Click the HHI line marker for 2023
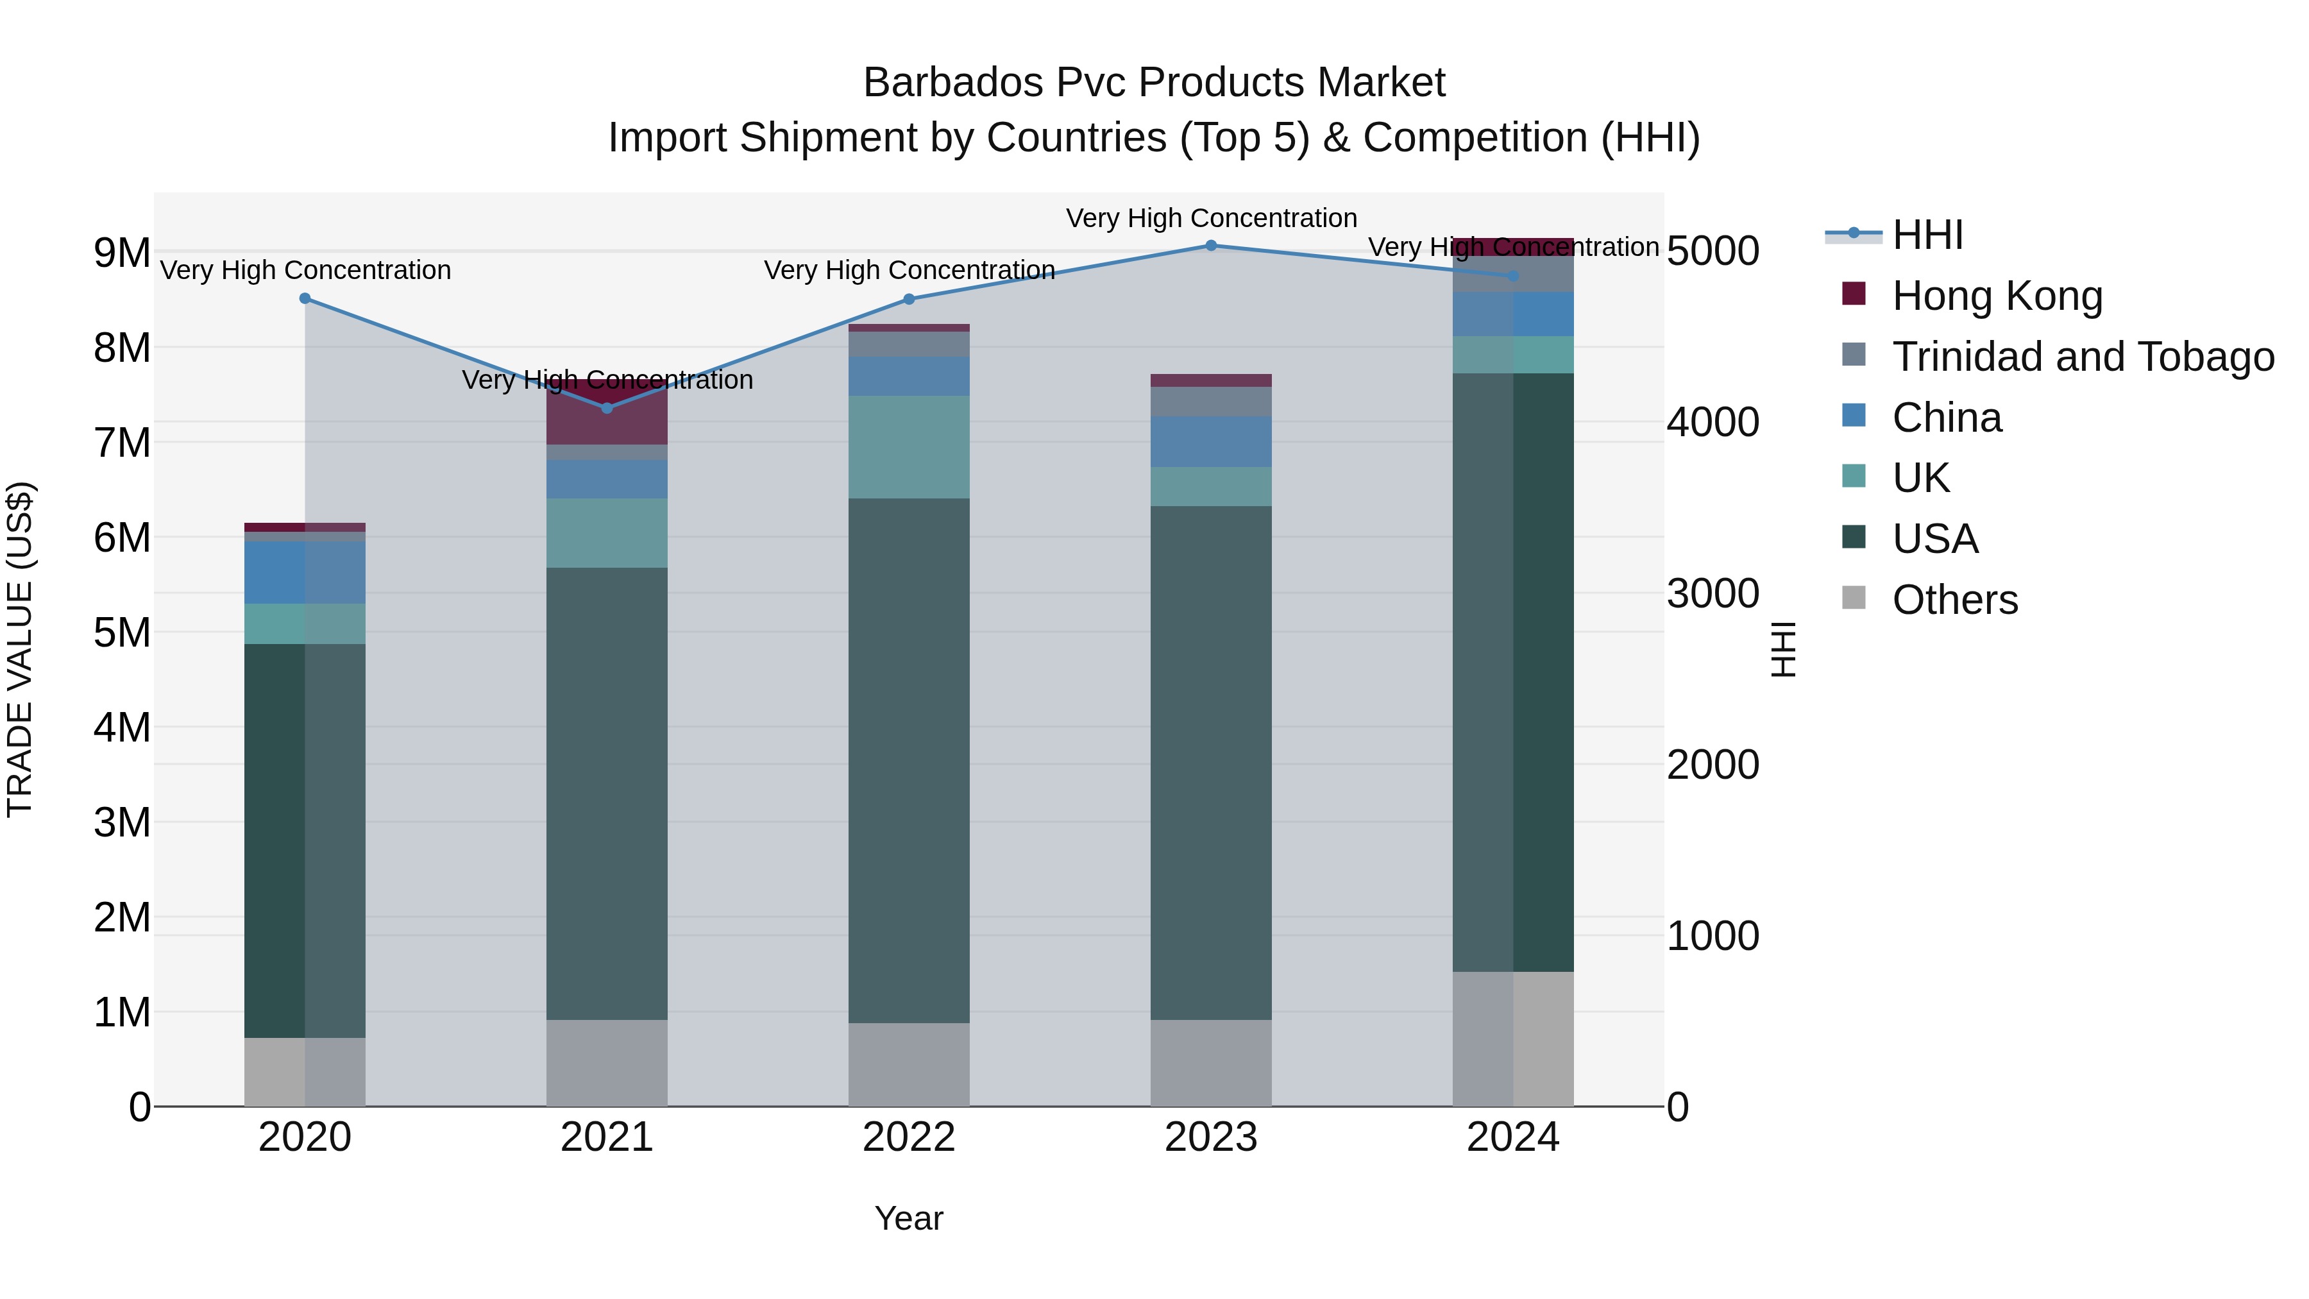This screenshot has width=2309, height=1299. pos(1211,246)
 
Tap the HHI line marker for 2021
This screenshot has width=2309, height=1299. pos(607,409)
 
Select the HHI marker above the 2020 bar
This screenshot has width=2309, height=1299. pos(305,298)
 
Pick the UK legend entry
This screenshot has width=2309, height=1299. pos(1921,478)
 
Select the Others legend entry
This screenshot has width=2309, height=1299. pos(1955,600)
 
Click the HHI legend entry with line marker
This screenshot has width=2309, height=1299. pos(1927,235)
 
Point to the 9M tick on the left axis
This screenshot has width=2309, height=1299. pos(122,253)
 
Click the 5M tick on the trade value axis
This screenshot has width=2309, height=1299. pos(122,633)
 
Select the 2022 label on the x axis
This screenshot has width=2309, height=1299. pos(909,1137)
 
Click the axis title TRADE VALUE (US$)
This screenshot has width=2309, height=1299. pos(20,649)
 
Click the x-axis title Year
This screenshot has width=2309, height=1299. pos(909,1218)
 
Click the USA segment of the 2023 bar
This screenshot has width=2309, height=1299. pos(1211,762)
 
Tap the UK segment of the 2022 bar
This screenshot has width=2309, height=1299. pos(909,446)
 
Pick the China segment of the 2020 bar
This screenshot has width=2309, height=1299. pos(305,572)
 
